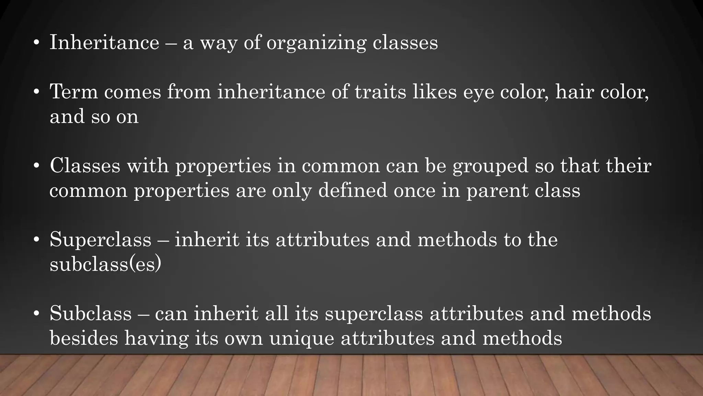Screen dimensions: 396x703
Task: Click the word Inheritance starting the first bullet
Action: click(104, 43)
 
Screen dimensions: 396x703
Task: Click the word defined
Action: click(353, 190)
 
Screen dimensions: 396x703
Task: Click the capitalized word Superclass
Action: click(100, 240)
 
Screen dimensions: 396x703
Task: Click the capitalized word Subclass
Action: click(91, 314)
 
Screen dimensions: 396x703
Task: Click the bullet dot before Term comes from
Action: click(36, 92)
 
